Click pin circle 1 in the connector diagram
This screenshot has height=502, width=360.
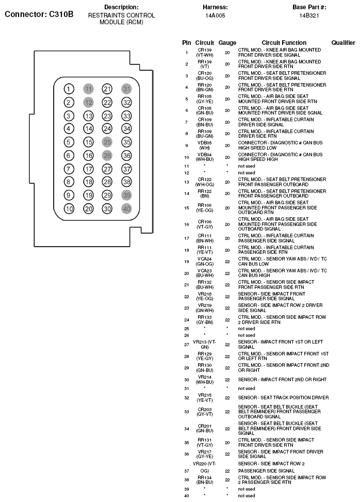point(69,89)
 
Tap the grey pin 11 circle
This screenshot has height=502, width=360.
point(88,89)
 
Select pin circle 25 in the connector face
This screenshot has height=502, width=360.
point(107,142)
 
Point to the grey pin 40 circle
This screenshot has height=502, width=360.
point(126,209)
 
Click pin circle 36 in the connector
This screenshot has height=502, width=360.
point(126,155)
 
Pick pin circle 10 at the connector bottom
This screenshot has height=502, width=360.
point(69,209)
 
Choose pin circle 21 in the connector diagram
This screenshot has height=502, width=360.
point(107,89)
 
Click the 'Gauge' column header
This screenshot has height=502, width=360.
point(227,43)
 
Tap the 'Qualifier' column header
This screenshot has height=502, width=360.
point(343,43)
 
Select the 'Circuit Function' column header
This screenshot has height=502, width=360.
point(284,43)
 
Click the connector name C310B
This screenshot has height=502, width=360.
point(39,14)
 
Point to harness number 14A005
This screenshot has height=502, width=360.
point(215,15)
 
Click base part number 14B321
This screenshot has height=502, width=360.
point(309,15)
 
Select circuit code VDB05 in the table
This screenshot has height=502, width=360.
point(205,143)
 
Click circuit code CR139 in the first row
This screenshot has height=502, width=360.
point(205,50)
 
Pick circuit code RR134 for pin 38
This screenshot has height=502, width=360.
point(205,478)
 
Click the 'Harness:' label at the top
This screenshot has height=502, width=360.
point(216,7)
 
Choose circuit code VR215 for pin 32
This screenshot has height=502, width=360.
point(205,395)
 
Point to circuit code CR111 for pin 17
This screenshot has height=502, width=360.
point(205,236)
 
